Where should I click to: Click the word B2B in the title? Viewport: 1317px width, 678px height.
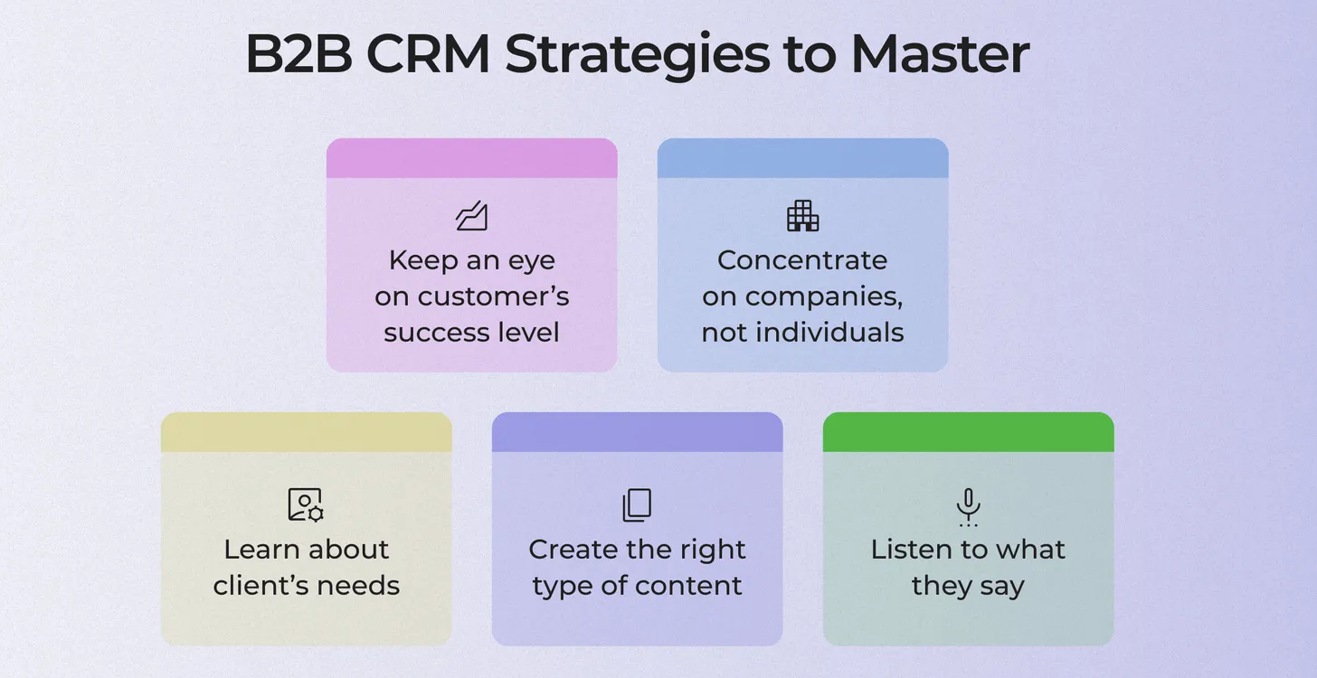(298, 54)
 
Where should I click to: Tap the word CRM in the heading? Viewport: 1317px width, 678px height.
(428, 54)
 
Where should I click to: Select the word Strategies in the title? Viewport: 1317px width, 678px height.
(638, 56)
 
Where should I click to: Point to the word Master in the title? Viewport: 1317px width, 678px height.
(940, 54)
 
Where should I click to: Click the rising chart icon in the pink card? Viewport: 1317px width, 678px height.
(472, 216)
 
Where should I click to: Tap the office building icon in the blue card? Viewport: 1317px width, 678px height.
(802, 216)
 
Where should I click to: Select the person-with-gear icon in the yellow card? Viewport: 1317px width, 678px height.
(306, 504)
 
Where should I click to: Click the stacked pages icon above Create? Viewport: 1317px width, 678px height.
(637, 504)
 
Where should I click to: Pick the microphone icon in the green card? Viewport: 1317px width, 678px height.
(968, 506)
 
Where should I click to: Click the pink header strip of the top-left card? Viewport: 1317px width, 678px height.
(472, 158)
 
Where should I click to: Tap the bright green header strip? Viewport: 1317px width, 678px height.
(969, 432)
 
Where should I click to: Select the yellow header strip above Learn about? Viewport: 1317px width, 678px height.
(307, 432)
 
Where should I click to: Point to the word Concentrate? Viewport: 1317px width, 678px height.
(802, 260)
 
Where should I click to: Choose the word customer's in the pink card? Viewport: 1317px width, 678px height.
(493, 297)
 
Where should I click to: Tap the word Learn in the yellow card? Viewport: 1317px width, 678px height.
(261, 550)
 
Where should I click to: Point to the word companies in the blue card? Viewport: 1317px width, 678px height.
(824, 297)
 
